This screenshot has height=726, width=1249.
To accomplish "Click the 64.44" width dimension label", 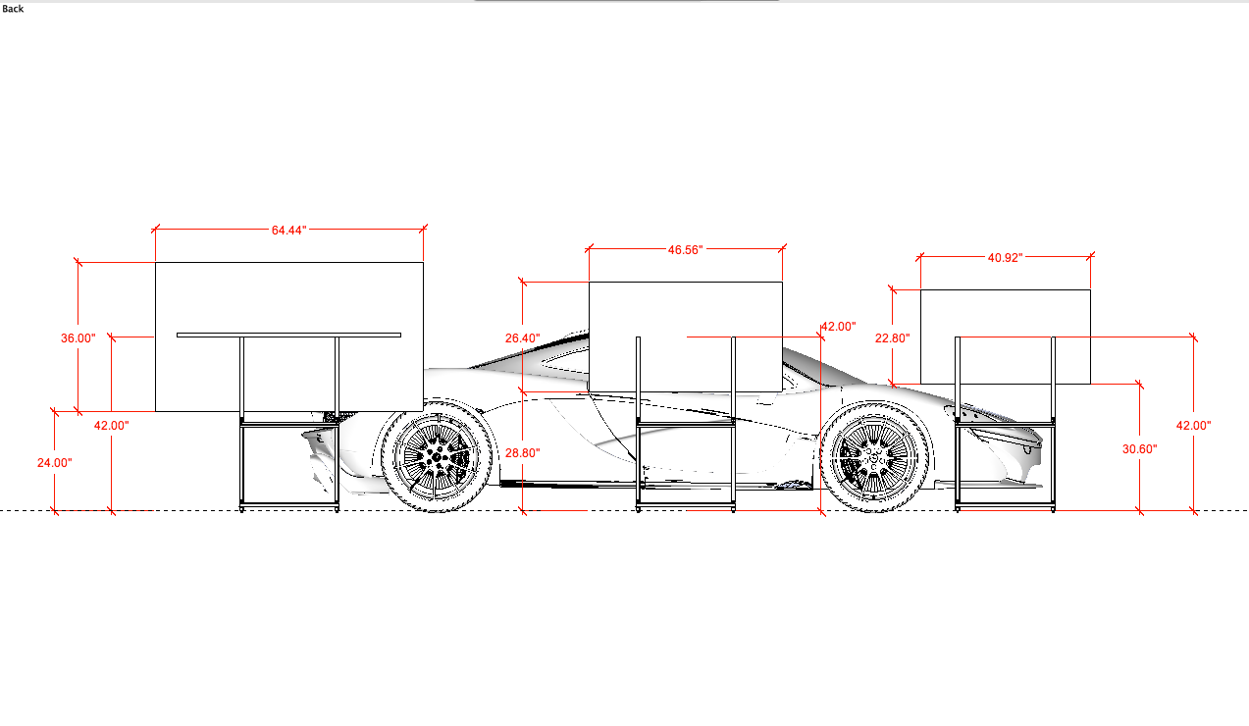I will [x=289, y=230].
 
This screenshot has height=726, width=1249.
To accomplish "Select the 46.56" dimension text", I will [x=686, y=250].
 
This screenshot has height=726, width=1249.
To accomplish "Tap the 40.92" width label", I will [x=1005, y=257].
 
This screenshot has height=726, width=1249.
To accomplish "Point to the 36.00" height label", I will [x=78, y=337].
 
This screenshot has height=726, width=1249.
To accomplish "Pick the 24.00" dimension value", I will [x=55, y=462].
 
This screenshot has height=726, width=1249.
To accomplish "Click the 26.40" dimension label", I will [x=523, y=337].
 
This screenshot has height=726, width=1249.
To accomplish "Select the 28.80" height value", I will [x=523, y=452].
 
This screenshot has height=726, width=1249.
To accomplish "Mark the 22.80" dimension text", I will [x=893, y=337].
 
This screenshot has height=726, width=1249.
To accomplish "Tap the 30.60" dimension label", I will [x=1140, y=448].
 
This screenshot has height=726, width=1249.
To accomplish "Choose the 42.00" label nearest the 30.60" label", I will [x=1194, y=425].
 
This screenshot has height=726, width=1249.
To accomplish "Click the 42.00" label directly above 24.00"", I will [x=112, y=425].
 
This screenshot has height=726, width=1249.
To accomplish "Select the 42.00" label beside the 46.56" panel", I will [x=839, y=326].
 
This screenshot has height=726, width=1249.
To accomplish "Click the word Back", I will [x=13, y=9].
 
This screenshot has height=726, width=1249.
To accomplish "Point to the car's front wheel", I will [x=876, y=457].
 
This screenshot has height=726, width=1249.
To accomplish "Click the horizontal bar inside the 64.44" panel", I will [x=288, y=335].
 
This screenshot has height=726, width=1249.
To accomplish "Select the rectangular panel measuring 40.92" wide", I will [x=1005, y=314].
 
